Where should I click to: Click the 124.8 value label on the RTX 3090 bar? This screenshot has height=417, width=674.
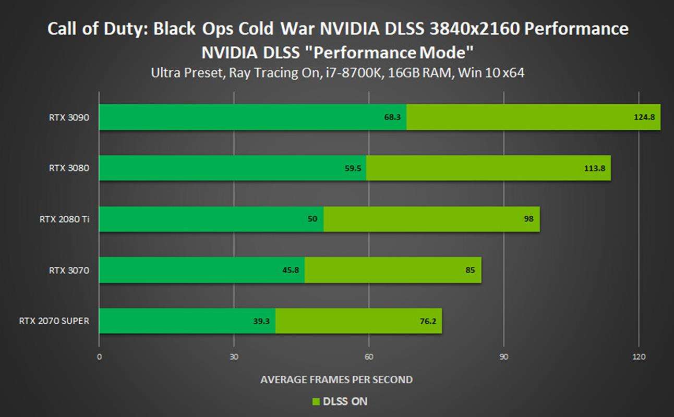[644, 117]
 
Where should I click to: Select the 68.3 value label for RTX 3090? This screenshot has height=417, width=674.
[392, 117]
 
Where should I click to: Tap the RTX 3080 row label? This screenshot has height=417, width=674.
[69, 168]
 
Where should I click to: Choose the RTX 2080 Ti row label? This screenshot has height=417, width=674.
[64, 219]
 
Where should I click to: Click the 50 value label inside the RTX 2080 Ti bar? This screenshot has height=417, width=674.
[312, 219]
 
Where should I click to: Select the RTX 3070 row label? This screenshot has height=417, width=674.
[69, 270]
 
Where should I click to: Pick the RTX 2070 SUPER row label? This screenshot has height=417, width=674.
[54, 321]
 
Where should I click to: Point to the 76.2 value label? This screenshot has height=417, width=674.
[428, 321]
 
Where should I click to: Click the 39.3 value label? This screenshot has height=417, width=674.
[261, 321]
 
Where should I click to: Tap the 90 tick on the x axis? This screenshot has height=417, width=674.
[504, 357]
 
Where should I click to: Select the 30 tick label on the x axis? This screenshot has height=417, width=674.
[234, 357]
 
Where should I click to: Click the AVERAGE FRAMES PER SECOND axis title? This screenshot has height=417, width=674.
[336, 379]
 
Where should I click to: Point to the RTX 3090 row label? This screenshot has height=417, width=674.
[69, 117]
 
